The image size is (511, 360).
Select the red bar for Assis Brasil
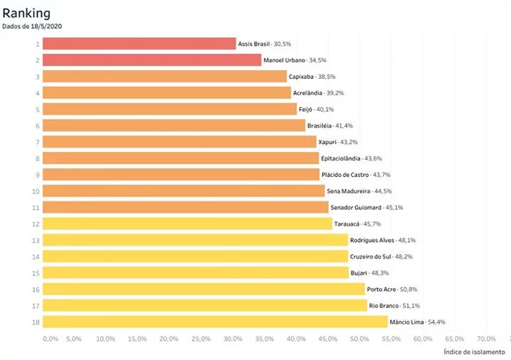(139, 43)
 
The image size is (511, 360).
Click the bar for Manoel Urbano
(152, 60)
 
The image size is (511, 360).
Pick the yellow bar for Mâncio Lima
(215, 322)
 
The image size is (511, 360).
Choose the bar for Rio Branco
(204, 305)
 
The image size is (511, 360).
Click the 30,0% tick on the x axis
(232, 339)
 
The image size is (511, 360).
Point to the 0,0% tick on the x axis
(50, 339)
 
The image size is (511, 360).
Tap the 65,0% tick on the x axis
(454, 339)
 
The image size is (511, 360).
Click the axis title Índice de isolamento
(473, 351)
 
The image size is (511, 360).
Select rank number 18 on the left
(36, 322)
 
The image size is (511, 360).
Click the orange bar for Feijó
(170, 109)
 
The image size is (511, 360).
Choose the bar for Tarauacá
(187, 224)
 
